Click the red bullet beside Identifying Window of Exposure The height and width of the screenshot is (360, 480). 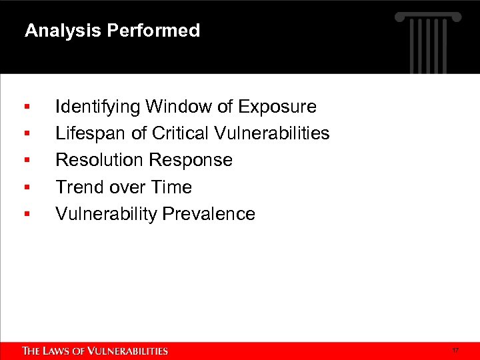click(26, 107)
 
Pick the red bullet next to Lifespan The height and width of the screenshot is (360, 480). click(26, 133)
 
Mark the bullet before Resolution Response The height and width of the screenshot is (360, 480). click(26, 160)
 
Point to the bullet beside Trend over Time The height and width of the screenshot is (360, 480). click(26, 187)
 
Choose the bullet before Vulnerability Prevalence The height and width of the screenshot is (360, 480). click(26, 214)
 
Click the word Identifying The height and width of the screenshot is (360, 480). click(98, 107)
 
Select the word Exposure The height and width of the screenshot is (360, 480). click(277, 107)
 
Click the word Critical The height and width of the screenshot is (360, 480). click(181, 133)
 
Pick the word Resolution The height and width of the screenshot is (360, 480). click(100, 160)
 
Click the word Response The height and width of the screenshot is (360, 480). click(191, 160)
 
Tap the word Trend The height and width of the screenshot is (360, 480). click(77, 187)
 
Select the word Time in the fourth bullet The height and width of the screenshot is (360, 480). click(173, 187)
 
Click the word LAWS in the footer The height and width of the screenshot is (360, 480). click(59, 351)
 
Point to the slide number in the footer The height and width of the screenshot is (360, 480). click(455, 350)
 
